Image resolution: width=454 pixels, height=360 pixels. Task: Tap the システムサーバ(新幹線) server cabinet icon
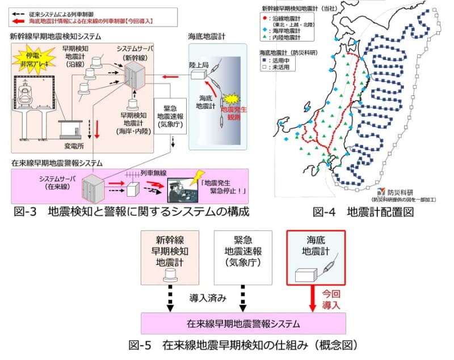(134, 76)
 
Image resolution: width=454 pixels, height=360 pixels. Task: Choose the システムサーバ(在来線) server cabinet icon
(91, 188)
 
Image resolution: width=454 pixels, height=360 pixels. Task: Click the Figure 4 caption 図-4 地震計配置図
(363, 213)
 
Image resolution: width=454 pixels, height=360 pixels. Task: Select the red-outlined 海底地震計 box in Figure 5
(316, 256)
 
